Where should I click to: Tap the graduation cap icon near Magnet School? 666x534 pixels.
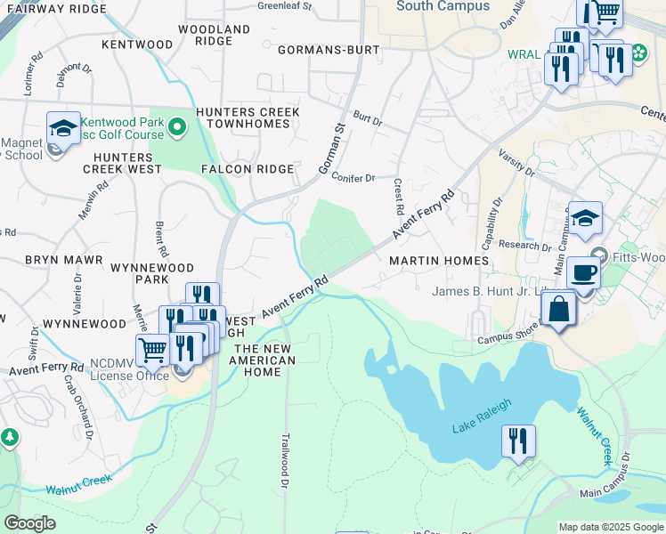pos(63,129)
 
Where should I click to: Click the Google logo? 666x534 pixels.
pos(29,523)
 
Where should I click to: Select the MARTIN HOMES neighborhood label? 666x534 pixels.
pos(439,261)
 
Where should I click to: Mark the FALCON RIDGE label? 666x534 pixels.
pos(248,169)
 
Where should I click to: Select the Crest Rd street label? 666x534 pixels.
pos(398,196)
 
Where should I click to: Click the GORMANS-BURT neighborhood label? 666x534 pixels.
pos(329,50)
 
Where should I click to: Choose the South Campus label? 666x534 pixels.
pos(443,6)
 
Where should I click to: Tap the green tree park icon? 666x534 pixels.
pos(9,438)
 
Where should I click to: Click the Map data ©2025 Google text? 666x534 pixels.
pos(610,527)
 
